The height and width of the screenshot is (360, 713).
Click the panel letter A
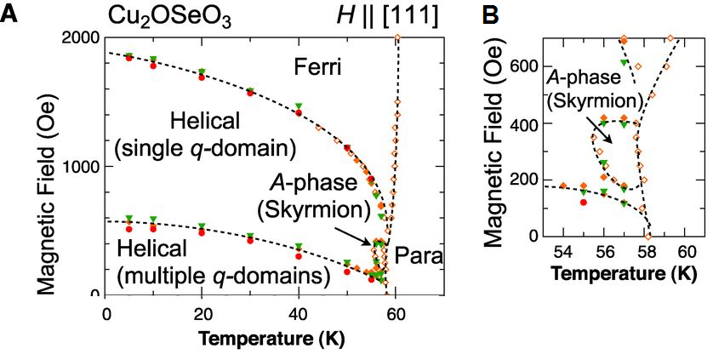pyautogui.click(x=10, y=15)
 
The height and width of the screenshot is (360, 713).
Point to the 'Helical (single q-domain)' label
pyautogui.click(x=205, y=134)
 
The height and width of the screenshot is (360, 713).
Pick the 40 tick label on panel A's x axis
pyautogui.click(x=299, y=312)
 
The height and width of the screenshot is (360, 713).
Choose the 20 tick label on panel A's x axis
pyautogui.click(x=202, y=312)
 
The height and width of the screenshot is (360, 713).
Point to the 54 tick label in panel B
pyautogui.click(x=562, y=253)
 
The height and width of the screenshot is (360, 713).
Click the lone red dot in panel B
pyautogui.click(x=584, y=203)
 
